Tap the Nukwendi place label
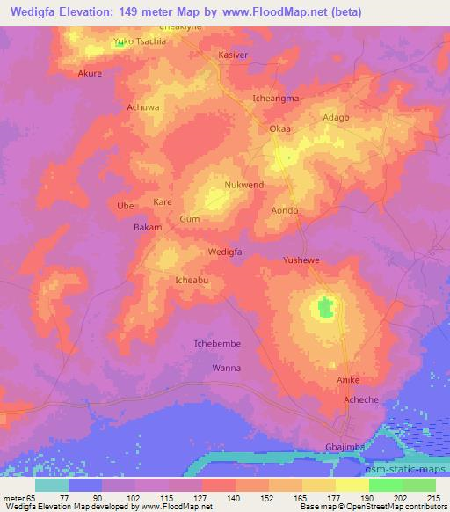tap(247, 187)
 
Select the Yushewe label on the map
tap(301, 260)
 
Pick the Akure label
tap(91, 73)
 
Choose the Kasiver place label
tap(235, 55)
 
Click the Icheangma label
tap(276, 99)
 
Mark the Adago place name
tap(337, 117)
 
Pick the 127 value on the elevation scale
tap(200, 498)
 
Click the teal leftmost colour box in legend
tap(52, 485)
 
